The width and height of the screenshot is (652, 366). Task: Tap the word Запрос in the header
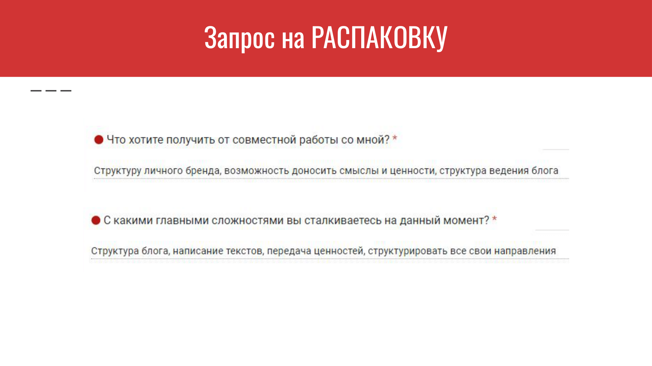pyautogui.click(x=239, y=38)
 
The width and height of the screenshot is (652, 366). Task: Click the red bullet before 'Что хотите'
pyautogui.click(x=99, y=140)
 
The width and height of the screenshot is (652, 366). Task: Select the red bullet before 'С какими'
pyautogui.click(x=96, y=220)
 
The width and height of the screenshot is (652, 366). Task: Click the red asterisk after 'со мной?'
pyautogui.click(x=395, y=138)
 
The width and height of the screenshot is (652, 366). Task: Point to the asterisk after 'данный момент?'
pyautogui.click(x=495, y=219)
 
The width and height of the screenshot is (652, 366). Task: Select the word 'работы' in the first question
pyautogui.click(x=319, y=140)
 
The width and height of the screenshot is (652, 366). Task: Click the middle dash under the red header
pyautogui.click(x=51, y=91)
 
